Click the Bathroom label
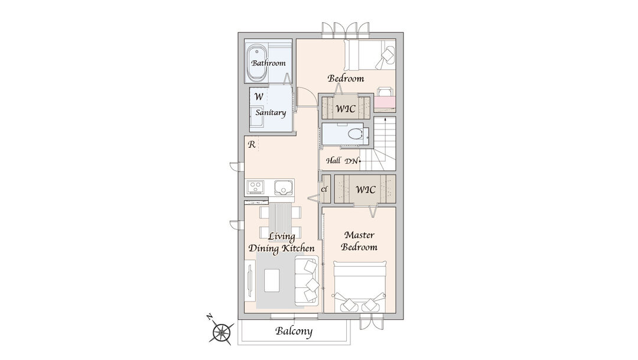tap(268, 63)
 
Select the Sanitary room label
tap(271, 113)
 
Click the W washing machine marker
tap(259, 97)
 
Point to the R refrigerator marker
tap(252, 144)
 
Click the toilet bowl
tap(355, 134)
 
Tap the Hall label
tap(333, 160)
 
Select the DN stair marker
tap(351, 161)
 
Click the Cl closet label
tap(324, 189)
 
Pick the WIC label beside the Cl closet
tap(366, 189)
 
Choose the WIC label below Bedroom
tap(346, 109)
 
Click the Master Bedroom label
tap(359, 241)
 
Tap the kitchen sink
tap(282, 187)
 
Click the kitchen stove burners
tap(255, 187)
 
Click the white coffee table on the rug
tap(272, 280)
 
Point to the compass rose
tap(222, 332)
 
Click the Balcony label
tap(294, 331)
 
